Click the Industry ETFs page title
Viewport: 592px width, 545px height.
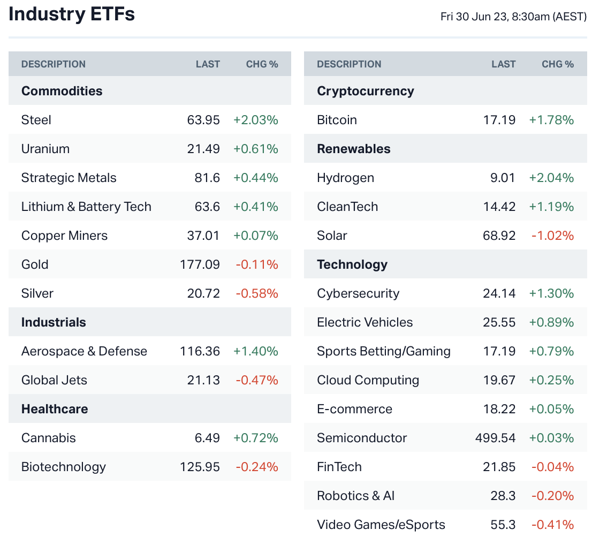point(72,14)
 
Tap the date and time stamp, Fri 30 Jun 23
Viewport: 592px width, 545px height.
point(513,17)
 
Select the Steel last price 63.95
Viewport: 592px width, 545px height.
point(203,120)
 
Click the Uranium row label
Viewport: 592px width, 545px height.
point(45,149)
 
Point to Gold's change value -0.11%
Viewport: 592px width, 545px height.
point(257,264)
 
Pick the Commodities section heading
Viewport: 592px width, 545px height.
point(62,91)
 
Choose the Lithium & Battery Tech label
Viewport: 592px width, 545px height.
point(86,207)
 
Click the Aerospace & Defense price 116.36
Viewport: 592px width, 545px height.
point(200,351)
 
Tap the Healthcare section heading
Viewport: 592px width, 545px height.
point(55,409)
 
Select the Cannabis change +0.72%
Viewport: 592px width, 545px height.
point(256,438)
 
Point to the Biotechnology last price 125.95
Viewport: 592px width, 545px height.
point(200,467)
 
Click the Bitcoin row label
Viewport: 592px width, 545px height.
point(337,120)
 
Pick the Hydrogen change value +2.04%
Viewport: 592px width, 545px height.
point(551,178)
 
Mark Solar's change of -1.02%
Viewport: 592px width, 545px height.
point(552,236)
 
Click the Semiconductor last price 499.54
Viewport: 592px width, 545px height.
point(495,438)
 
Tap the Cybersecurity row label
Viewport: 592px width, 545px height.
point(358,293)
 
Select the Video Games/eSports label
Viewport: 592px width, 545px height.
point(381,525)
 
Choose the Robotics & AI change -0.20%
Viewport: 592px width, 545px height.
point(552,496)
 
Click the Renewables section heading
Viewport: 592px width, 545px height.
point(354,149)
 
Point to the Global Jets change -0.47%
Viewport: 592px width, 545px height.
point(257,380)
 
